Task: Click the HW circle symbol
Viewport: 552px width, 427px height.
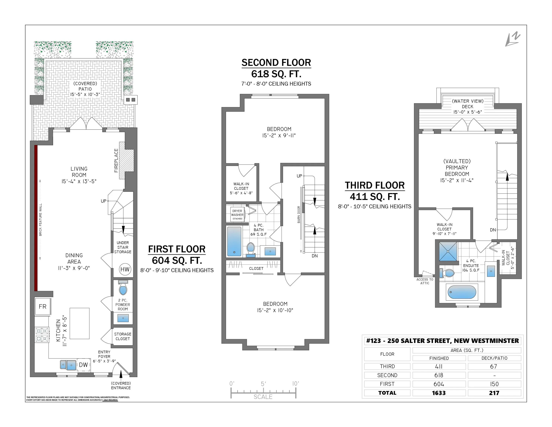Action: (x=125, y=269)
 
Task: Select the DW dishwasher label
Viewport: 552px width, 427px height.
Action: (x=83, y=365)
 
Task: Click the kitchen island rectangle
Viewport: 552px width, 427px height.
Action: (x=80, y=323)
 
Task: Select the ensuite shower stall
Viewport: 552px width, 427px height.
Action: (x=448, y=251)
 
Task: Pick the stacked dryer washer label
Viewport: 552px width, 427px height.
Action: (x=237, y=214)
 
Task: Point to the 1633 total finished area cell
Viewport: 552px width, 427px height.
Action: (x=439, y=393)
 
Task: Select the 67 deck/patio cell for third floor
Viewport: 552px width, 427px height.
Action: (x=494, y=366)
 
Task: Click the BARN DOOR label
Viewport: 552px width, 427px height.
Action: (x=299, y=214)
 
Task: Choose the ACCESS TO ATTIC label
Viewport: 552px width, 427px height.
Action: (x=425, y=281)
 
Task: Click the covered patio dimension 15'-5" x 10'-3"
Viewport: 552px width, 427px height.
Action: (x=85, y=94)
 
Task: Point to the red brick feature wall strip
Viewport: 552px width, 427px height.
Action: (x=36, y=218)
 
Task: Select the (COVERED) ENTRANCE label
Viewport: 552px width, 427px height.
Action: (x=121, y=385)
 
